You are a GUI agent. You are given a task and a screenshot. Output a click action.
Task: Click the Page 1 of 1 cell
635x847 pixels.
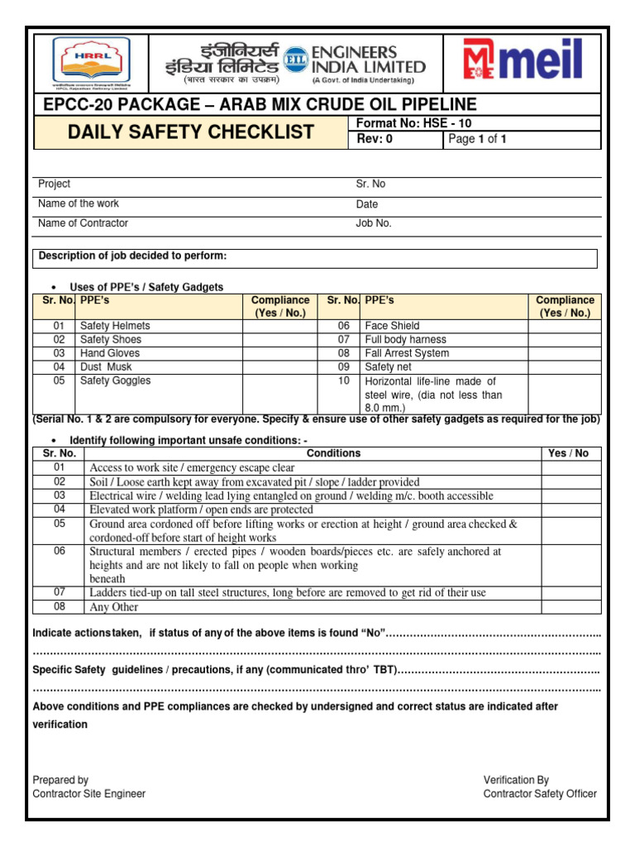[477, 140]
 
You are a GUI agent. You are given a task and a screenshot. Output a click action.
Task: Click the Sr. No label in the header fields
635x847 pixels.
[370, 184]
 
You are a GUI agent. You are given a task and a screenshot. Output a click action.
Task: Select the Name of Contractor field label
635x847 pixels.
[84, 223]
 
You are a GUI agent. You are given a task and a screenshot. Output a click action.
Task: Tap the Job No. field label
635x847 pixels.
[374, 223]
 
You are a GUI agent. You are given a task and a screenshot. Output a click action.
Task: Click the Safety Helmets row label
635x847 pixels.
[115, 326]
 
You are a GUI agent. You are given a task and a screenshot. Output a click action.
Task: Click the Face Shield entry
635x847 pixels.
[392, 326]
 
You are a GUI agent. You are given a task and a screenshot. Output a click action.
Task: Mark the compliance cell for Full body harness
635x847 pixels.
[565, 340]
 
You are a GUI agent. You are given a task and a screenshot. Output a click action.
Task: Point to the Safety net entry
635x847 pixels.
[390, 366]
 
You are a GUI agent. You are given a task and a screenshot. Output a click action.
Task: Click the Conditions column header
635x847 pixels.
[333, 453]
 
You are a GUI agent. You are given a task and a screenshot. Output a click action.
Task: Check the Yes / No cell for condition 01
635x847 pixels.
[571, 468]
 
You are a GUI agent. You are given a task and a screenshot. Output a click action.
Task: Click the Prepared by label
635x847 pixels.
[60, 780]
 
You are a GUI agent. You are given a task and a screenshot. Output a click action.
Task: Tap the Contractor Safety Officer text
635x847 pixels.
[540, 794]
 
